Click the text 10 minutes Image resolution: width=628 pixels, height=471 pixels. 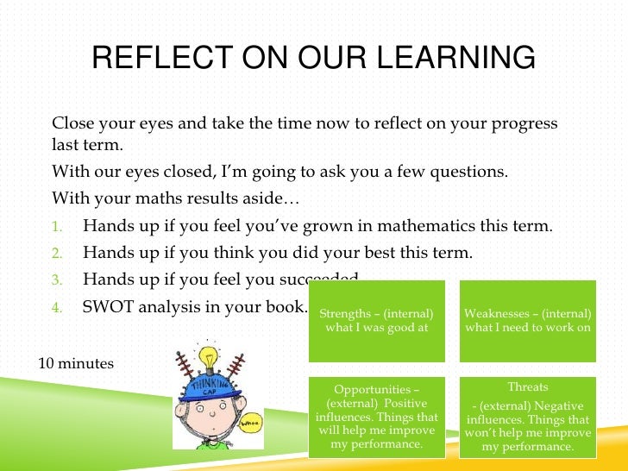[76, 363]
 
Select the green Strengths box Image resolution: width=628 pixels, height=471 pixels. [376, 320]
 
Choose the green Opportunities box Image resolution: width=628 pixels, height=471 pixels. [376, 416]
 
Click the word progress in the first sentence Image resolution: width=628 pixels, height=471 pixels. [526, 122]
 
